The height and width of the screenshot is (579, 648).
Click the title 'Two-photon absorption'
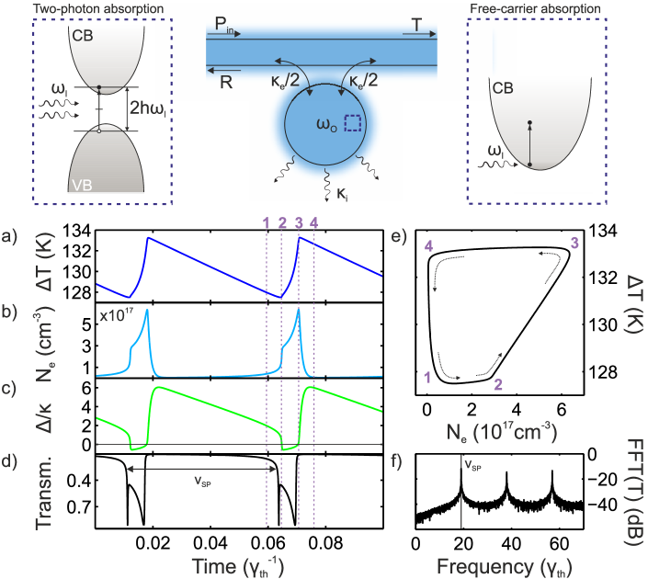click(x=85, y=9)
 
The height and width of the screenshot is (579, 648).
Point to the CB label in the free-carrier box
click(x=503, y=88)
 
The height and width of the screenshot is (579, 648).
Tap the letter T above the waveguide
click(x=417, y=29)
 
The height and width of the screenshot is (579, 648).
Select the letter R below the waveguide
click(x=225, y=83)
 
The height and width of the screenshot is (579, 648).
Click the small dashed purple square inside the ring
click(x=351, y=123)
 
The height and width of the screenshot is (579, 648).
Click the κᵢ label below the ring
click(x=343, y=194)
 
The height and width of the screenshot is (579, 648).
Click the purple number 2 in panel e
click(x=497, y=384)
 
